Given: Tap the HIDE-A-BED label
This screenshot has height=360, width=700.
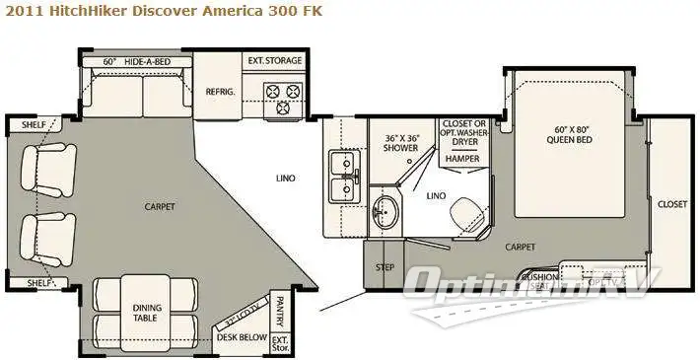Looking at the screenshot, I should coord(148,61).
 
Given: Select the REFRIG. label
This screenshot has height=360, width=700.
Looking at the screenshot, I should coord(219,90).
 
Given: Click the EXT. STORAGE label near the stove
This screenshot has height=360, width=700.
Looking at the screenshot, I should coord(274,61).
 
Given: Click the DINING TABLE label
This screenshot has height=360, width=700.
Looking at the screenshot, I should coord(147,313).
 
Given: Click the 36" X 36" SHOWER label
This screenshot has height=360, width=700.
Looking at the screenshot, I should coord(402,142).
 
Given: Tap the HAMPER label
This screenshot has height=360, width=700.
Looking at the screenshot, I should coord(460,158).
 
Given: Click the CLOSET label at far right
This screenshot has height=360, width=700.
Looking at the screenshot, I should coord(672,204).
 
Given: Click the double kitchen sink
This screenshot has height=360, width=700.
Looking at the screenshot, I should coord(342,175).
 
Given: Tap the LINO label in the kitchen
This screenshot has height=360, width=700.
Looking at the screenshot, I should coord(287,178).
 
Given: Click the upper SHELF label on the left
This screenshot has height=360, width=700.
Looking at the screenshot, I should coord(22,124).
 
